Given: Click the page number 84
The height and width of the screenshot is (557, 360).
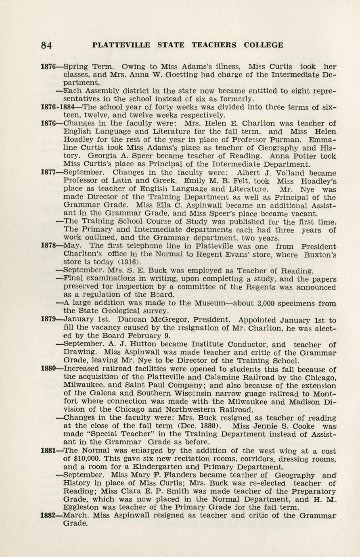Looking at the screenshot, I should (x=46, y=46).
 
